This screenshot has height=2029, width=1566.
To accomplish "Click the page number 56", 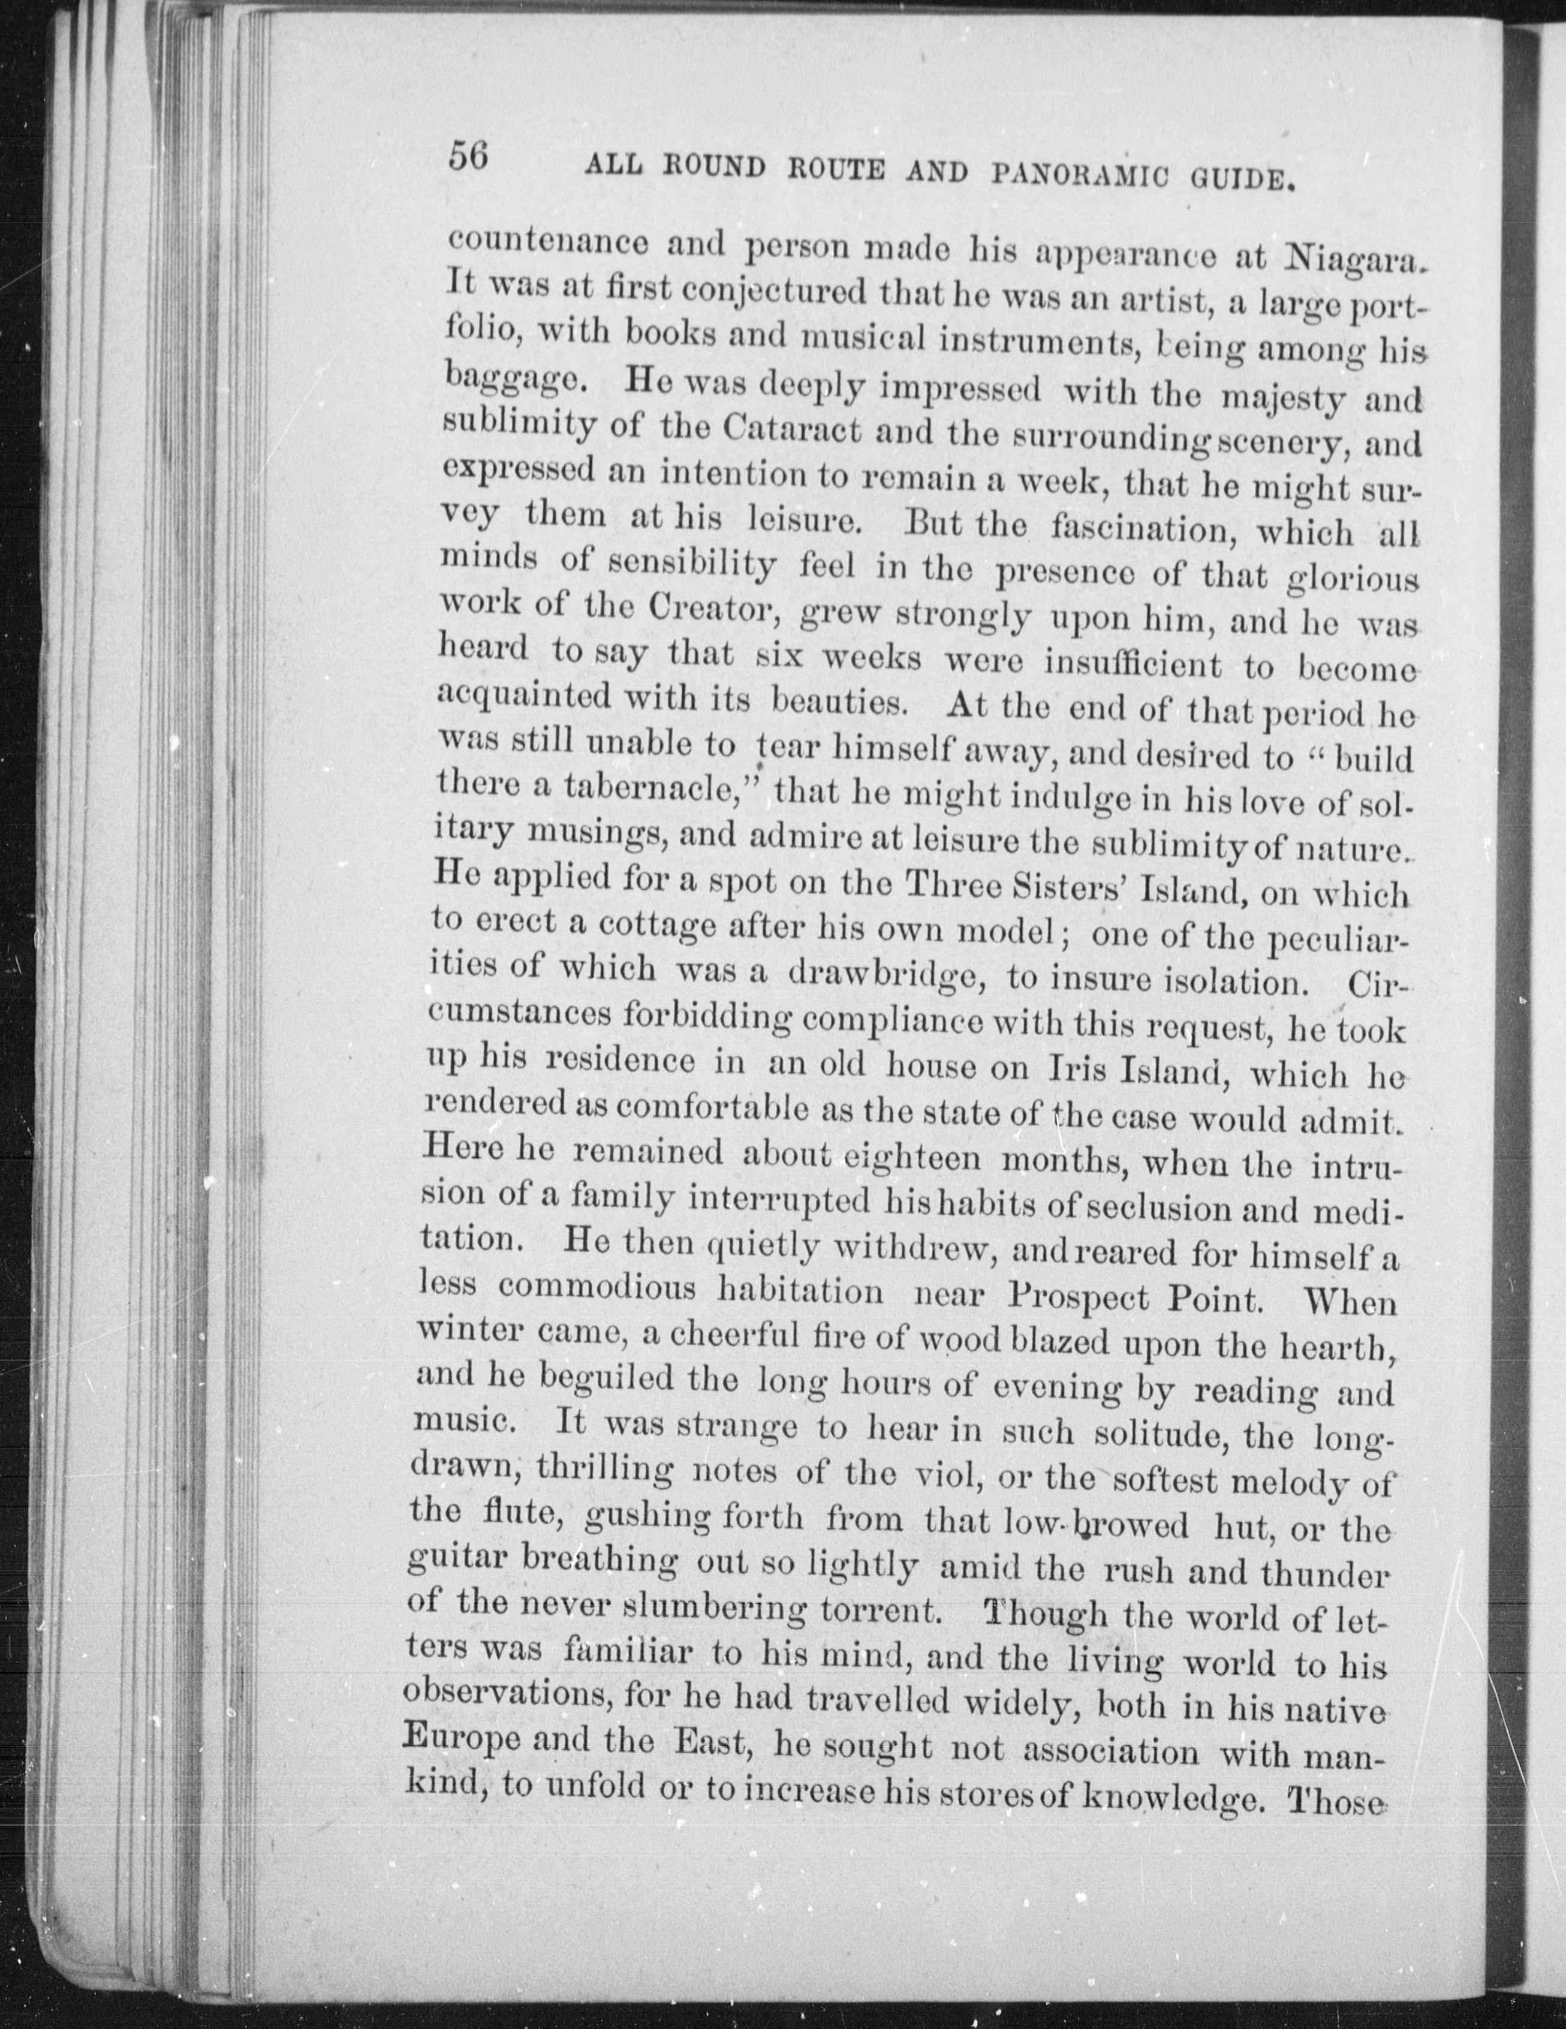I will tap(469, 155).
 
